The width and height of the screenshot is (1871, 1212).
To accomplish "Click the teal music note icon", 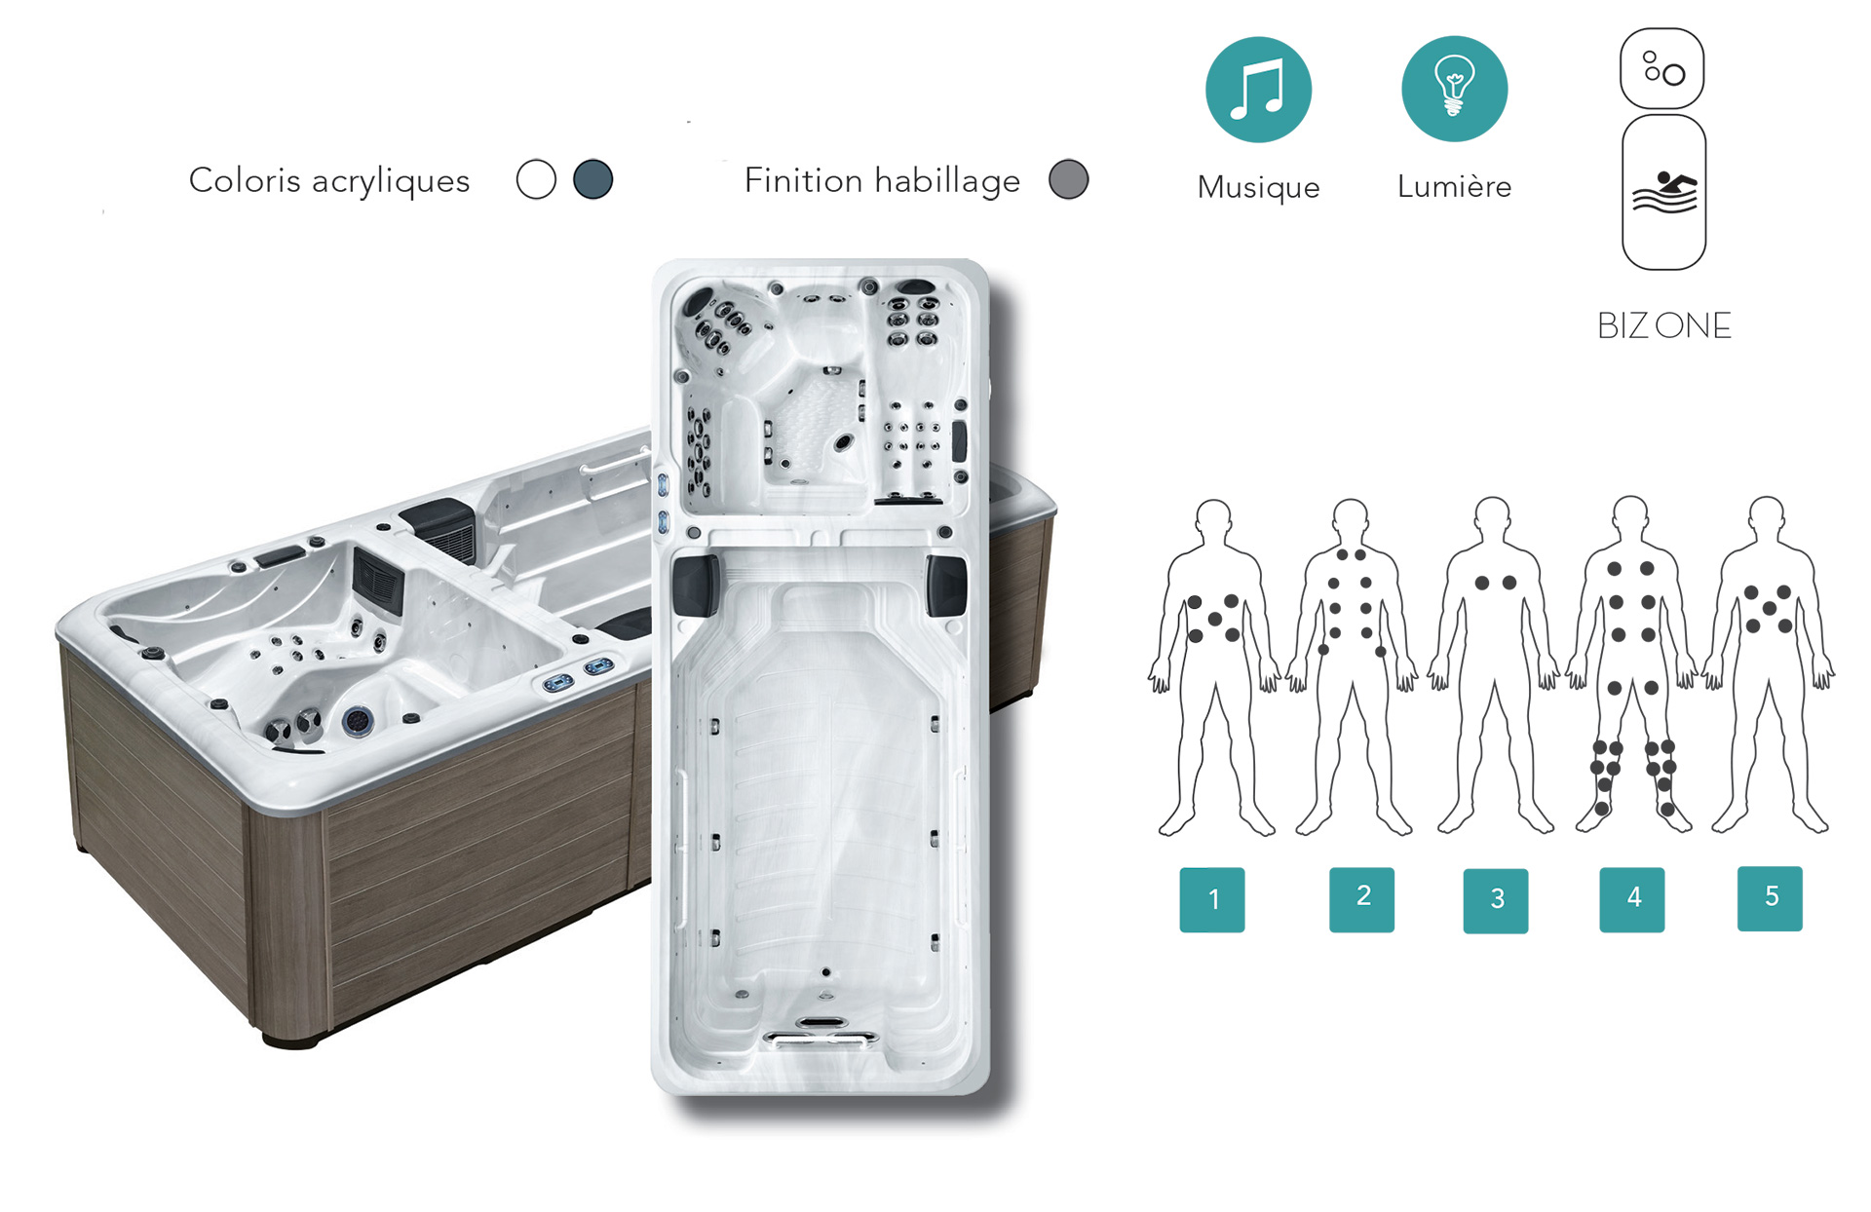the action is tap(1258, 90).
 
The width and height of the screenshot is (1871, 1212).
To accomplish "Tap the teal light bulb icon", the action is tap(1454, 89).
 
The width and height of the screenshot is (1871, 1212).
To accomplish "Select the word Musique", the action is tap(1258, 187).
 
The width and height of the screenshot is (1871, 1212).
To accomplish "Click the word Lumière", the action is tap(1454, 186).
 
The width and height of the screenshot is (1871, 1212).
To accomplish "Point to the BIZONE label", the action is tap(1664, 325).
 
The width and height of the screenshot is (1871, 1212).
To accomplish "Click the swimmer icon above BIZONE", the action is tap(1664, 192).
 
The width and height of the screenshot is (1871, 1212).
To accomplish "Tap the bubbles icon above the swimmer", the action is tap(1662, 68).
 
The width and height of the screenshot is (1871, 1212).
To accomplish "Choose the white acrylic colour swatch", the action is tap(536, 179).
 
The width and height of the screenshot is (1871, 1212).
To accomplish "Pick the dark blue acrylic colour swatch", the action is tap(592, 179).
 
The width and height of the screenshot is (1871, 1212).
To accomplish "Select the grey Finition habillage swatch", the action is tap(1068, 179).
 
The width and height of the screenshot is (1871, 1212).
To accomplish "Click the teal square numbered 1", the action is tap(1212, 899).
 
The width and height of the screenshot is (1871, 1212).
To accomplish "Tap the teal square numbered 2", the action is tap(1361, 899).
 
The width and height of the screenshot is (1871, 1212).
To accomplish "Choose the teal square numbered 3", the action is tap(1496, 901).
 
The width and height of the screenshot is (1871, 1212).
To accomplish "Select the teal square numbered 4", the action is tap(1632, 899).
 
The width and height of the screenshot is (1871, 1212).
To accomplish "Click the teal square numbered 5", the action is tap(1770, 898).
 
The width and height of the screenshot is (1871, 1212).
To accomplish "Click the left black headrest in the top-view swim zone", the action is tap(696, 585).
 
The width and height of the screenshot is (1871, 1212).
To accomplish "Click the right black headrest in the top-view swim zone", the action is tap(945, 586).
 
